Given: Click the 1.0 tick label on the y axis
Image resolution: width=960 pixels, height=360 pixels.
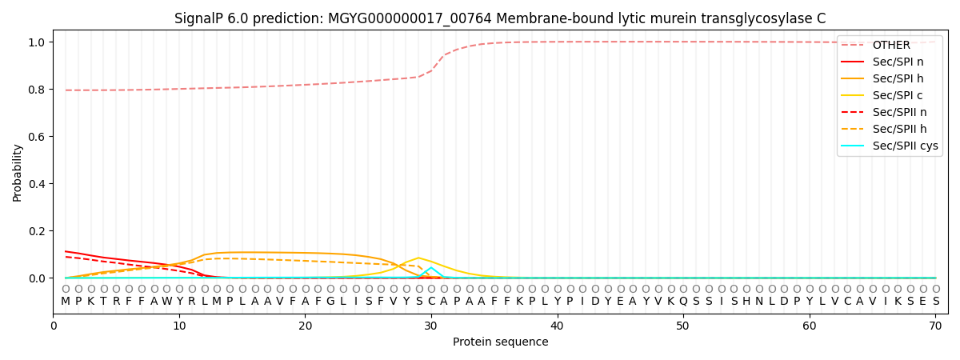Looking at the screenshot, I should pyautogui.click(x=38, y=42).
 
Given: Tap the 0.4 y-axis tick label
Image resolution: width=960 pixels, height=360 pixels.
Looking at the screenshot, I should pyautogui.click(x=38, y=184).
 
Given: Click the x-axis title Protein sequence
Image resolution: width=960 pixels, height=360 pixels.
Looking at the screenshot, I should pyautogui.click(x=500, y=342).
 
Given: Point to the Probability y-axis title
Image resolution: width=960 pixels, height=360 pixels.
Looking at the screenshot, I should pyautogui.click(x=18, y=172).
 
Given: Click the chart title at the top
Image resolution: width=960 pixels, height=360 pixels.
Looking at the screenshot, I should pyautogui.click(x=500, y=18).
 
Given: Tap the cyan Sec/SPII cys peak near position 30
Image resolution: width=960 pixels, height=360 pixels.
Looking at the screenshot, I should pyautogui.click(x=431, y=268).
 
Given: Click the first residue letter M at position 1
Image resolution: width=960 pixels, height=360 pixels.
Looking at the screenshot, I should pyautogui.click(x=66, y=302).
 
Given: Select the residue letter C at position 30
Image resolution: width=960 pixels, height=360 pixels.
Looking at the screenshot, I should pyautogui.click(x=431, y=302).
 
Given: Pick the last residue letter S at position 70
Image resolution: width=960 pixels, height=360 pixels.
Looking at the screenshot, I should pyautogui.click(x=935, y=302).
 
